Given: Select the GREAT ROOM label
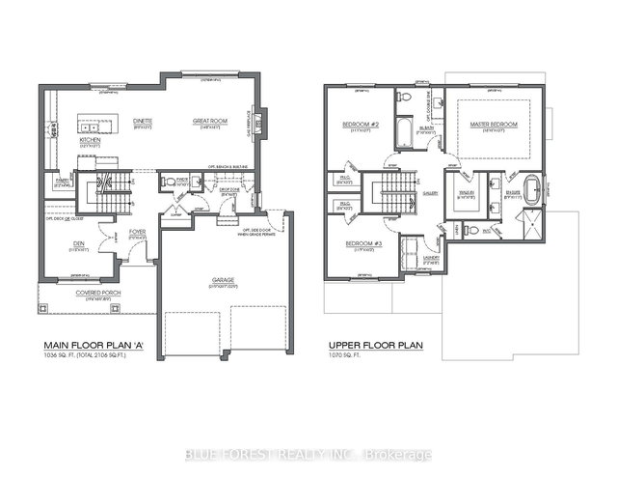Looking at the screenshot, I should click(x=209, y=120).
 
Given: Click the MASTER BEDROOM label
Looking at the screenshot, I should click(x=495, y=125).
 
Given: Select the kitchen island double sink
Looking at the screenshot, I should click(x=91, y=126).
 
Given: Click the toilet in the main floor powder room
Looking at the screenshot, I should click(x=169, y=180).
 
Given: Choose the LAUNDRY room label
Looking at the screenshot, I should click(x=431, y=257).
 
